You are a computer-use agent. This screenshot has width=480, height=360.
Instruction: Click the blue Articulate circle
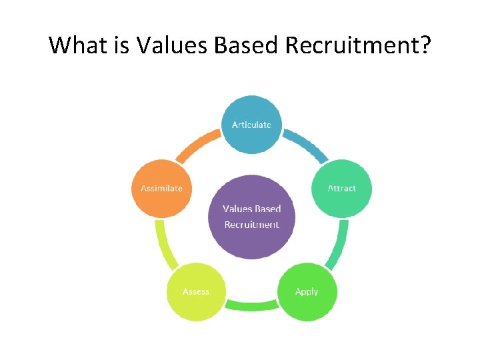[251, 125]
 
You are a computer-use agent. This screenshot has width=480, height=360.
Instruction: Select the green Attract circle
[342, 189]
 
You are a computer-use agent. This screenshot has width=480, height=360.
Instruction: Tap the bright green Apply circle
[307, 292]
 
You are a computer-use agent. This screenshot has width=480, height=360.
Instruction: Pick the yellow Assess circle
[196, 292]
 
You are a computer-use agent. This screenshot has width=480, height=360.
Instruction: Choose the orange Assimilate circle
[161, 189]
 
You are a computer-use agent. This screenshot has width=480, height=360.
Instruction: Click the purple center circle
[251, 217]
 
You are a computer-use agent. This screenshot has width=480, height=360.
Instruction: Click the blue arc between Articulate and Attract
[305, 145]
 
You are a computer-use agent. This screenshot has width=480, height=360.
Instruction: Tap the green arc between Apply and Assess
[251, 306]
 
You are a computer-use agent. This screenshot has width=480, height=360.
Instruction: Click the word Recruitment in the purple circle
[251, 225]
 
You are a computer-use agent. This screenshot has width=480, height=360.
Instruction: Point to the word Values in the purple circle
[236, 209]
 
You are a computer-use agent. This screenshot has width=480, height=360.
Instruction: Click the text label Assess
[196, 292]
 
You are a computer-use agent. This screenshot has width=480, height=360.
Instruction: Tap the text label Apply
[307, 292]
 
